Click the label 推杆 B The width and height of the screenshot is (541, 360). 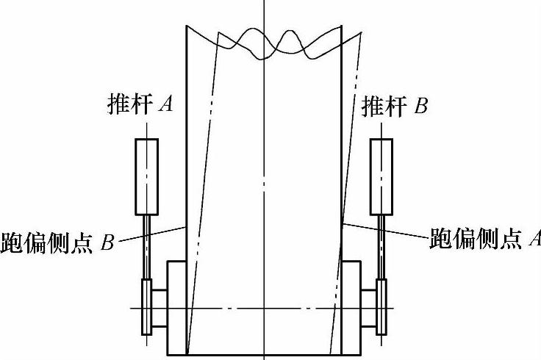point(395,107)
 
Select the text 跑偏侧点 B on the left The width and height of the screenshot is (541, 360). point(57,242)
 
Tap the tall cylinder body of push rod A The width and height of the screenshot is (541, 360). point(146,175)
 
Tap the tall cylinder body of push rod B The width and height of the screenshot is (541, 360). point(381,175)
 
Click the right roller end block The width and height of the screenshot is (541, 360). point(351,307)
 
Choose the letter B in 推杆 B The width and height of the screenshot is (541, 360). point(420,107)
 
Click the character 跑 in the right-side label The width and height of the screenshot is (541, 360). point(441,238)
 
